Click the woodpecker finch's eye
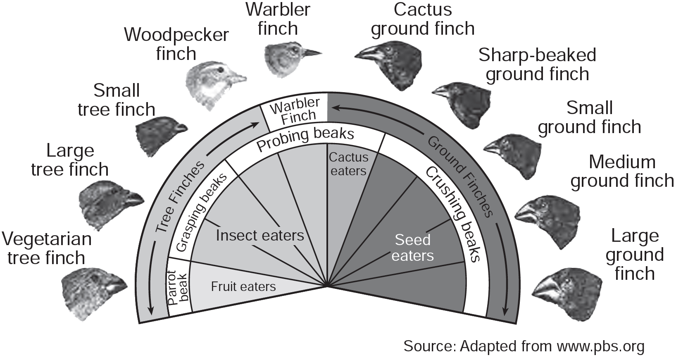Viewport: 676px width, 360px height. tap(222, 69)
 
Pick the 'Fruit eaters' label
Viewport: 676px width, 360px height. tap(243, 286)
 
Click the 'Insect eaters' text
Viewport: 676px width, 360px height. tap(259, 236)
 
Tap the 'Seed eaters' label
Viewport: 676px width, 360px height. tap(412, 248)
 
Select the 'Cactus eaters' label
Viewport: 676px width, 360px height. tap(348, 164)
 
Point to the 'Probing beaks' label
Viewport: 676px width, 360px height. tap(305, 139)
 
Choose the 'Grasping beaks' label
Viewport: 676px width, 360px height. tap(202, 212)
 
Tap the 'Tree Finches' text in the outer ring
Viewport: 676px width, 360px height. tap(181, 196)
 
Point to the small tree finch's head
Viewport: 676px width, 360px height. tap(161, 135)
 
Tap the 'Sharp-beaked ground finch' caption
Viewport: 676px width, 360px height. tap(537, 64)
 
